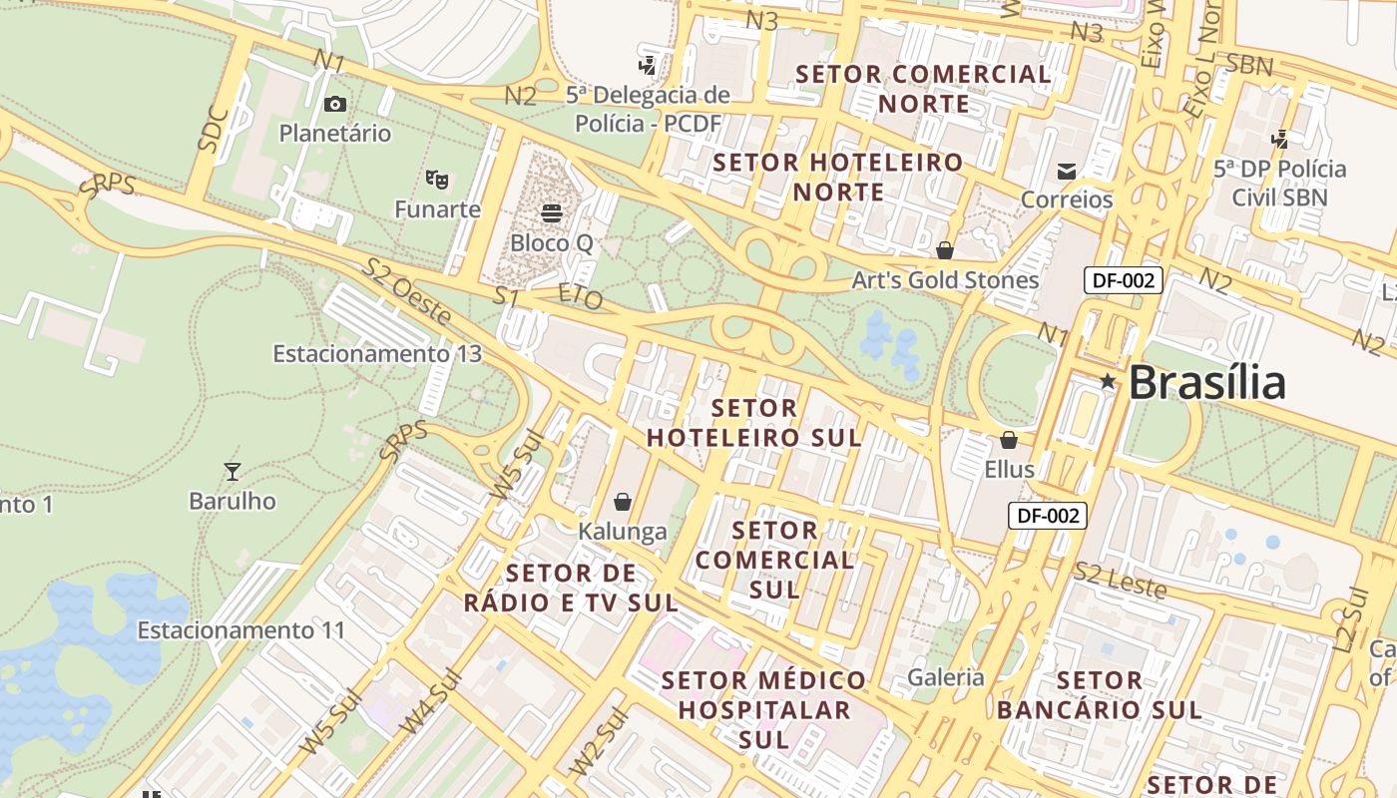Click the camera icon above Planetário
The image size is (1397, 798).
[335, 104]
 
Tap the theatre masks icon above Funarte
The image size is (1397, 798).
[436, 180]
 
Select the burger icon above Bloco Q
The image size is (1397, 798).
[551, 211]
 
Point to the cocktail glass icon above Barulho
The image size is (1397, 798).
[233, 471]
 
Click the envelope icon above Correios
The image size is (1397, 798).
[1067, 171]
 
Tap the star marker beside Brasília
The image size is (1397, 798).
[1107, 381]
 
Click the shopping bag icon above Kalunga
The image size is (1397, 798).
[623, 501]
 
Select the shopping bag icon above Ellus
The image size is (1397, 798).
[1009, 439]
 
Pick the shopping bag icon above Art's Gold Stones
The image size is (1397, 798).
[944, 249]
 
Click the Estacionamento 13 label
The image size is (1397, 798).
[377, 354]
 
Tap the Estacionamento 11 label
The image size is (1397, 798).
[240, 630]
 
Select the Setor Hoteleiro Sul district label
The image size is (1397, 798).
[754, 423]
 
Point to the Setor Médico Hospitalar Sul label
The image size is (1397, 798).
[764, 710]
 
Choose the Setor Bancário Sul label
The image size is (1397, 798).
[1099, 695]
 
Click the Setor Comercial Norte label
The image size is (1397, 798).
[923, 89]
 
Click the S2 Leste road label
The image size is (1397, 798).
[1121, 581]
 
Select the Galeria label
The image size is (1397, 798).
[946, 678]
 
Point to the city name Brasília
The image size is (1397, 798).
[1207, 383]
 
